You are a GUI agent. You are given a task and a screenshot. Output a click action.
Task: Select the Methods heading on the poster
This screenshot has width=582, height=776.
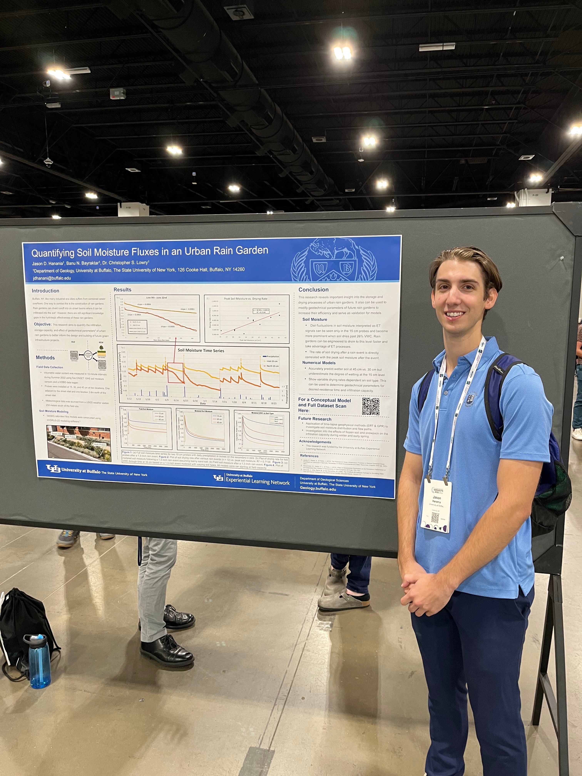(45, 357)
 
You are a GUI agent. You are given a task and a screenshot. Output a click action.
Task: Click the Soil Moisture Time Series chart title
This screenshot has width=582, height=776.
(201, 350)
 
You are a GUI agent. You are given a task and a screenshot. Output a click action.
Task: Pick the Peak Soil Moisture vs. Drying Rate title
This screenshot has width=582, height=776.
(246, 299)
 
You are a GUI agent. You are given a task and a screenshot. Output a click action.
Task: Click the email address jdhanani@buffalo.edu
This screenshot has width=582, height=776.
(52, 278)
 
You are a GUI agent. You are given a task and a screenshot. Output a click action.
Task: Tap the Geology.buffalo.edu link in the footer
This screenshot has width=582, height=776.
(318, 489)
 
